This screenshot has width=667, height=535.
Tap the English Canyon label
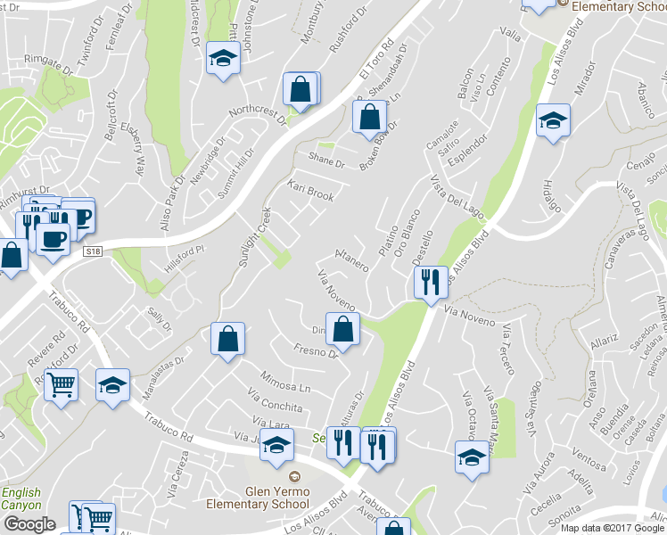[x=21, y=498]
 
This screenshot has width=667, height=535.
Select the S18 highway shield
[x=93, y=253]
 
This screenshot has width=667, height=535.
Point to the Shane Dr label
[x=326, y=161]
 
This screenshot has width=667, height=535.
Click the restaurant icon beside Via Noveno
[x=430, y=284]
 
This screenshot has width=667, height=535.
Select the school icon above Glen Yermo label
[x=277, y=443]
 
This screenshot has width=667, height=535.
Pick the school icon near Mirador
[x=553, y=120]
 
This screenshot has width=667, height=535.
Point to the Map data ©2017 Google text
[x=612, y=527]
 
